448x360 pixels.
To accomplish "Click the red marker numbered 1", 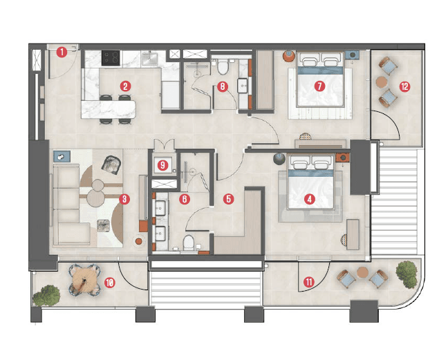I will (x=62, y=51).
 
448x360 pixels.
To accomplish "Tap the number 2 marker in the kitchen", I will (x=125, y=86).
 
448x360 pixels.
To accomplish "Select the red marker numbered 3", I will (x=124, y=200).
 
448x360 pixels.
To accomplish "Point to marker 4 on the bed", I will (x=310, y=199).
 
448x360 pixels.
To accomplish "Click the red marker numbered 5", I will (x=229, y=199).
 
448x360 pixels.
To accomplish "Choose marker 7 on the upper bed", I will (x=319, y=86).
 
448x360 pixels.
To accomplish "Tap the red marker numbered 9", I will (x=163, y=165).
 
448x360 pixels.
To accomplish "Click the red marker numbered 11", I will (x=308, y=281).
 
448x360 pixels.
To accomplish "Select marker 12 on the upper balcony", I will (x=404, y=86).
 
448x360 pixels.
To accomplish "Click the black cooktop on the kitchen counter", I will (x=112, y=57).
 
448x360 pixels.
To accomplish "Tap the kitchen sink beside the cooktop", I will (x=151, y=58).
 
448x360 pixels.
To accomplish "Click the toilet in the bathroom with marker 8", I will (x=223, y=67).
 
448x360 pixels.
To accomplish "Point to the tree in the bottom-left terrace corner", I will (x=46, y=294).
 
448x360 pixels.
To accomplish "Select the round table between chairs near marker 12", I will (x=381, y=82).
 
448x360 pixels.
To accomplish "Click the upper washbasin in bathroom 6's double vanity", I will (x=160, y=207).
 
